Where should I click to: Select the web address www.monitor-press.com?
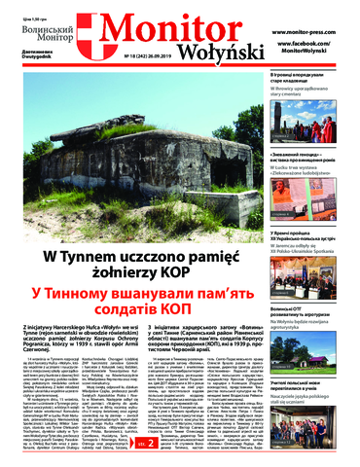[307, 31]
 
